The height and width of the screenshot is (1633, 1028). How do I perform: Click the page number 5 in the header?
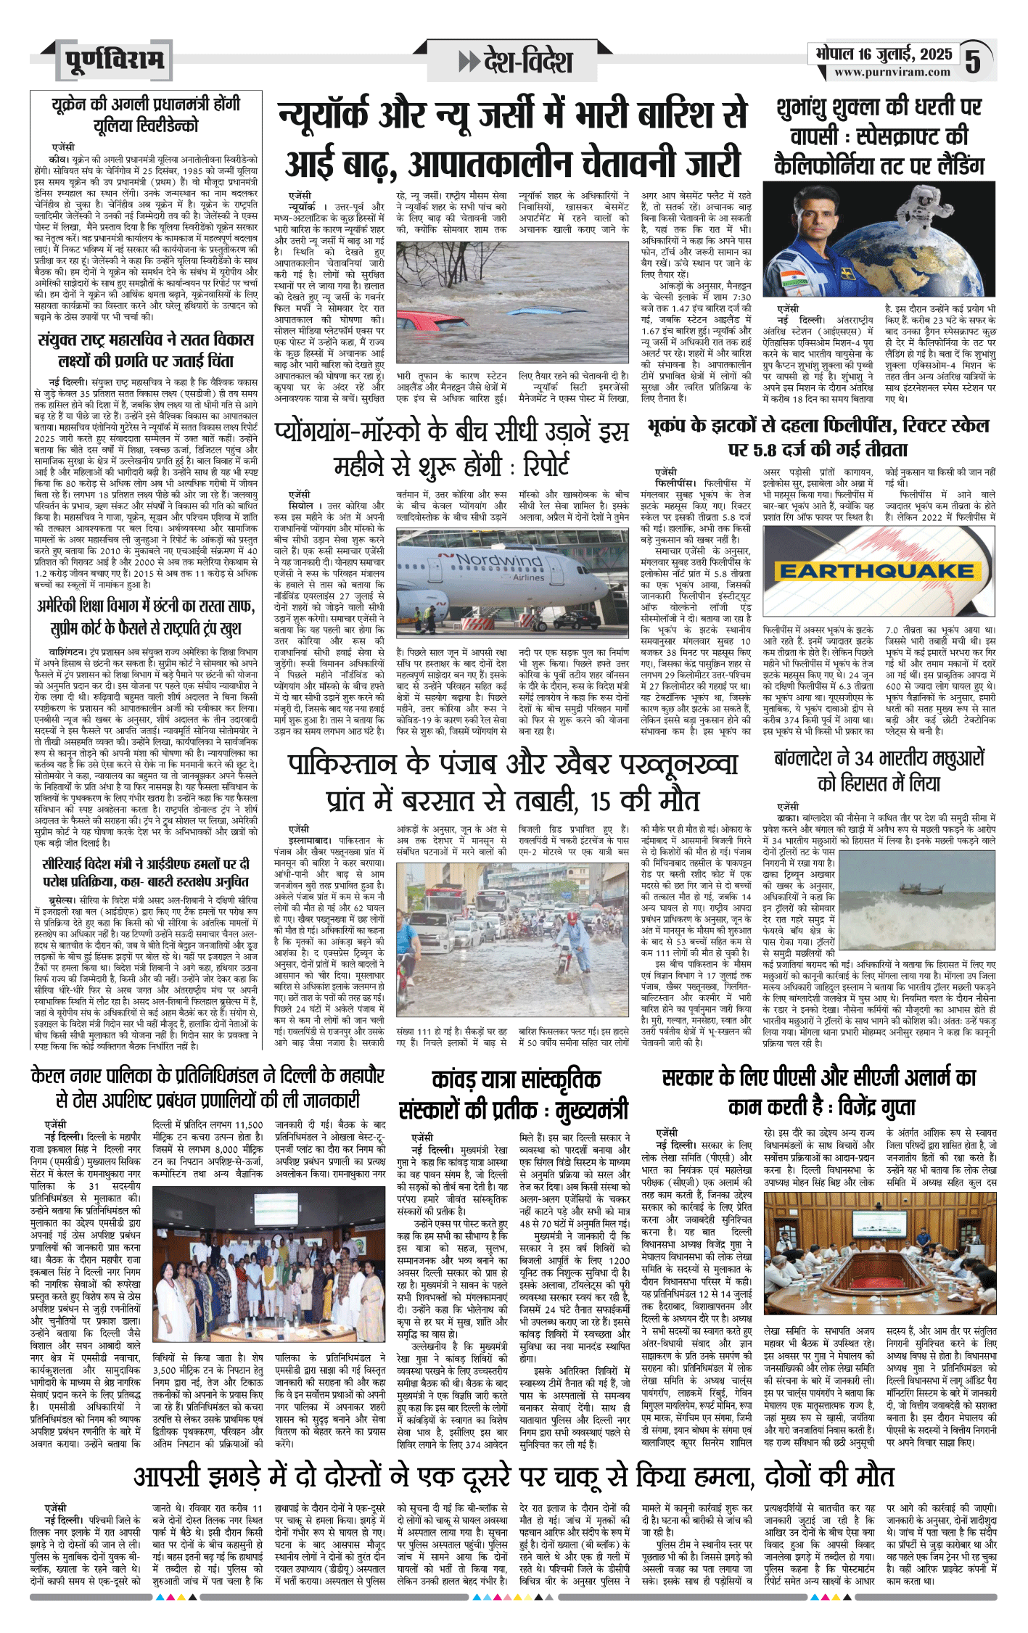click(x=973, y=61)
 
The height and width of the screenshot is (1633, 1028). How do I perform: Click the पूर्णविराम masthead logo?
click(x=114, y=60)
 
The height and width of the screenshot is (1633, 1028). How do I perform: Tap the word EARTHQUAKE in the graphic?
click(x=876, y=571)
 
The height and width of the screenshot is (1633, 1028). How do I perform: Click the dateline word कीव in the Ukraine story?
click(x=58, y=158)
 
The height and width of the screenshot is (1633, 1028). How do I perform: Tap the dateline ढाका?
click(x=788, y=818)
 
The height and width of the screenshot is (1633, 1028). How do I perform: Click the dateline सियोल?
click(x=301, y=506)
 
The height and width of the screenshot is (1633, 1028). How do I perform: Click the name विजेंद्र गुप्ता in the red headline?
click(x=876, y=1107)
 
